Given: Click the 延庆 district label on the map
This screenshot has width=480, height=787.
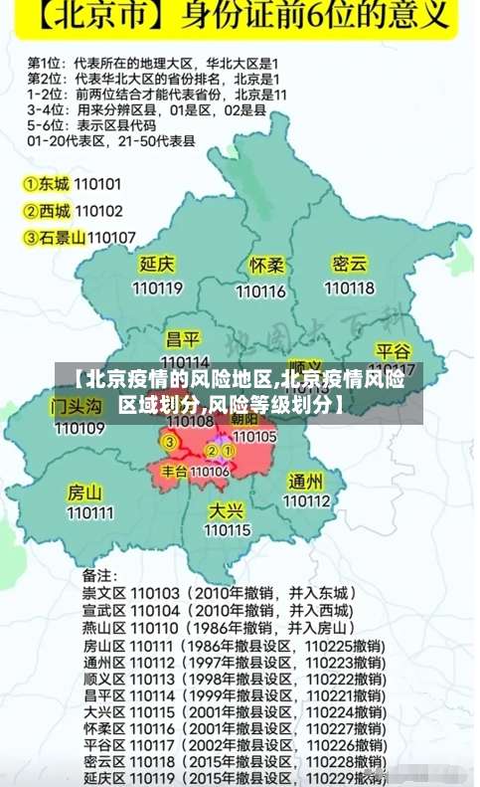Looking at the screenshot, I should (x=157, y=265).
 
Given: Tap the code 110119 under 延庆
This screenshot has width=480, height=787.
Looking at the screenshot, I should (x=157, y=289).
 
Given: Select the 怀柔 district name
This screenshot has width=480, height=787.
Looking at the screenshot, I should (x=266, y=267).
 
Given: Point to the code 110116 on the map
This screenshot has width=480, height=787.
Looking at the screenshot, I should (x=260, y=292).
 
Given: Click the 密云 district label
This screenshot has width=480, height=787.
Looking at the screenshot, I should (x=350, y=264).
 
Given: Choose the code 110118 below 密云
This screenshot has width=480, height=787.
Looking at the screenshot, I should (x=349, y=288).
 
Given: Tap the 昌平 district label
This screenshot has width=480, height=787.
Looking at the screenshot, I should (x=183, y=339).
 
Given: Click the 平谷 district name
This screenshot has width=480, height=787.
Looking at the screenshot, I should (x=393, y=351).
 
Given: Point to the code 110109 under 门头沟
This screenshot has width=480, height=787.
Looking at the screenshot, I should (x=80, y=429).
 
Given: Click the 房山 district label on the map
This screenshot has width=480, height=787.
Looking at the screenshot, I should (x=84, y=492).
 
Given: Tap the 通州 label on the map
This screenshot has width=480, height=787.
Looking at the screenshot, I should (x=305, y=482).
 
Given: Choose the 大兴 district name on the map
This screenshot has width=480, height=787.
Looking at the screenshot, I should (x=227, y=509).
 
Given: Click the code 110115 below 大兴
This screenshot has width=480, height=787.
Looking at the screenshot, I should (x=228, y=531).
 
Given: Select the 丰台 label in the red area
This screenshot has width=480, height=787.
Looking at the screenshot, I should (x=175, y=471).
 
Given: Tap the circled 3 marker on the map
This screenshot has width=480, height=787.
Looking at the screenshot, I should (x=170, y=442).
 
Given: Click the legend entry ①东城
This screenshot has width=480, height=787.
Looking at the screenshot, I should (x=48, y=184).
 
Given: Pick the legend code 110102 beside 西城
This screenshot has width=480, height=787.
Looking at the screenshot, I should (x=98, y=211).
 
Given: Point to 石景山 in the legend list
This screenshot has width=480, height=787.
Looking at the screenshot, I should (x=62, y=237).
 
